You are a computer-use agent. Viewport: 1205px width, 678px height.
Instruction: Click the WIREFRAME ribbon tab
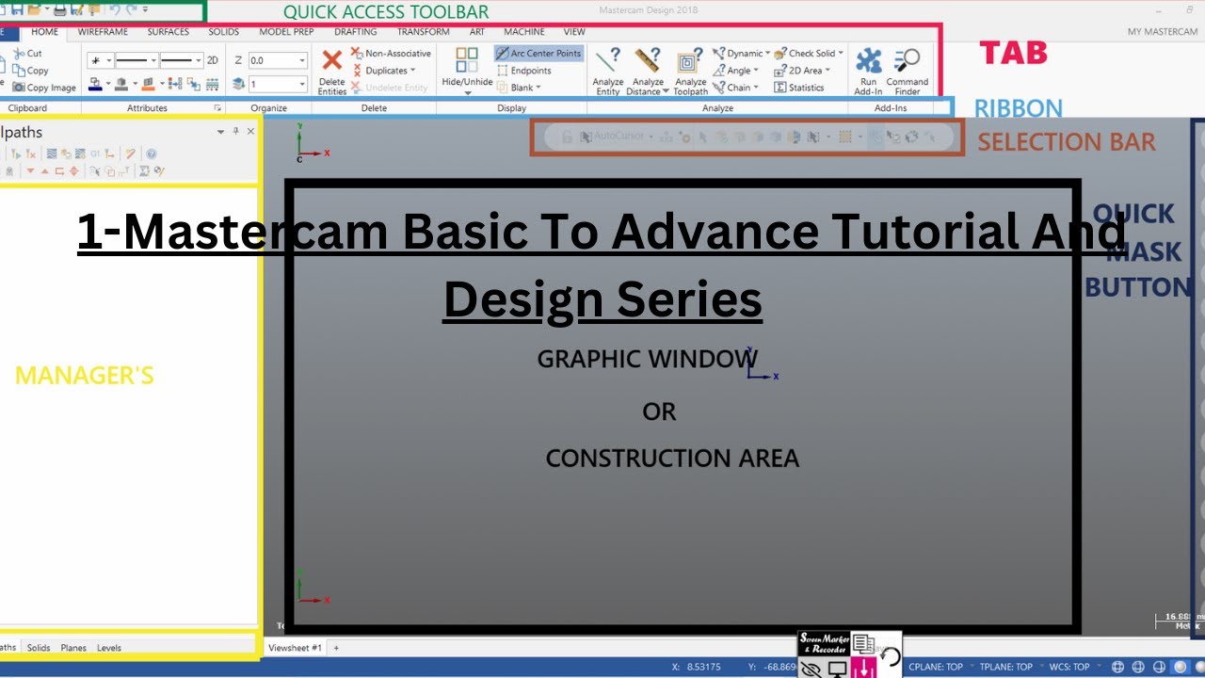[103, 32]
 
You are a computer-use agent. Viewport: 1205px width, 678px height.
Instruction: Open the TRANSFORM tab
[423, 32]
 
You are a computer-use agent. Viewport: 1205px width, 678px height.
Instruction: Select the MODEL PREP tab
[286, 32]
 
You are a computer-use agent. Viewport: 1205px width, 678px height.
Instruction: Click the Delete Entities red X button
[332, 62]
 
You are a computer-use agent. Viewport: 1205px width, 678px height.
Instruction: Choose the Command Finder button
[908, 72]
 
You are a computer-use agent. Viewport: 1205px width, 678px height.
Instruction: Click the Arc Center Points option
[538, 54]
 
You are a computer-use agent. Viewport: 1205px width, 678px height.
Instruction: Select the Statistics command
[799, 88]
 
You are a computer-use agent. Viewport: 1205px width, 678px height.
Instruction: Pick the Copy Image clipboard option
[44, 88]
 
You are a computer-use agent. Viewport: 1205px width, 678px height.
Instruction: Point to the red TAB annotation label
[1013, 53]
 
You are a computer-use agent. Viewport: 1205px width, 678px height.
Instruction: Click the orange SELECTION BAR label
[1066, 142]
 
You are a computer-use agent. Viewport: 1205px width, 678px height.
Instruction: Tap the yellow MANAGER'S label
[84, 376]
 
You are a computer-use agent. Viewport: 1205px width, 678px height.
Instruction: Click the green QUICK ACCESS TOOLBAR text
[386, 12]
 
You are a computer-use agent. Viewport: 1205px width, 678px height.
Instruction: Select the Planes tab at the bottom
[73, 648]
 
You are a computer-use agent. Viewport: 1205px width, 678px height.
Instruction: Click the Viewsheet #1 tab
[295, 648]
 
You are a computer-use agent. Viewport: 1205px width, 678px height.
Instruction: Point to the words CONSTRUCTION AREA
[672, 459]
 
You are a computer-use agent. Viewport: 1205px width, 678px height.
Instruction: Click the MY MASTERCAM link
[1163, 32]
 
